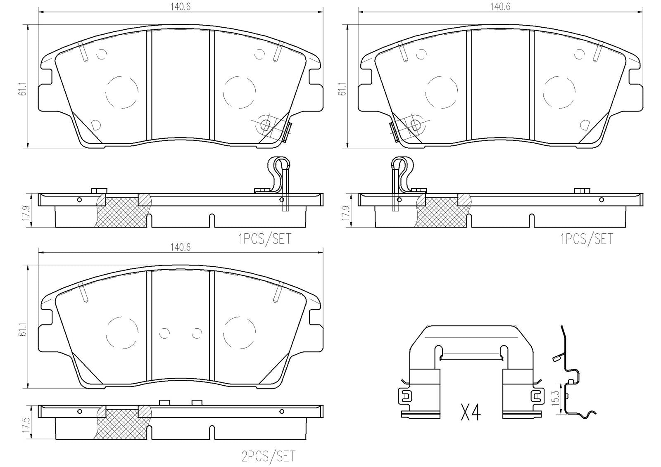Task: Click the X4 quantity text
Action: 471,412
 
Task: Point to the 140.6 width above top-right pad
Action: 500,7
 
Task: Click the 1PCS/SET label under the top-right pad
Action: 587,239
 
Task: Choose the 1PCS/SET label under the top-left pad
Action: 265,239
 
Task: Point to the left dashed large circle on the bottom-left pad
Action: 122,333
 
